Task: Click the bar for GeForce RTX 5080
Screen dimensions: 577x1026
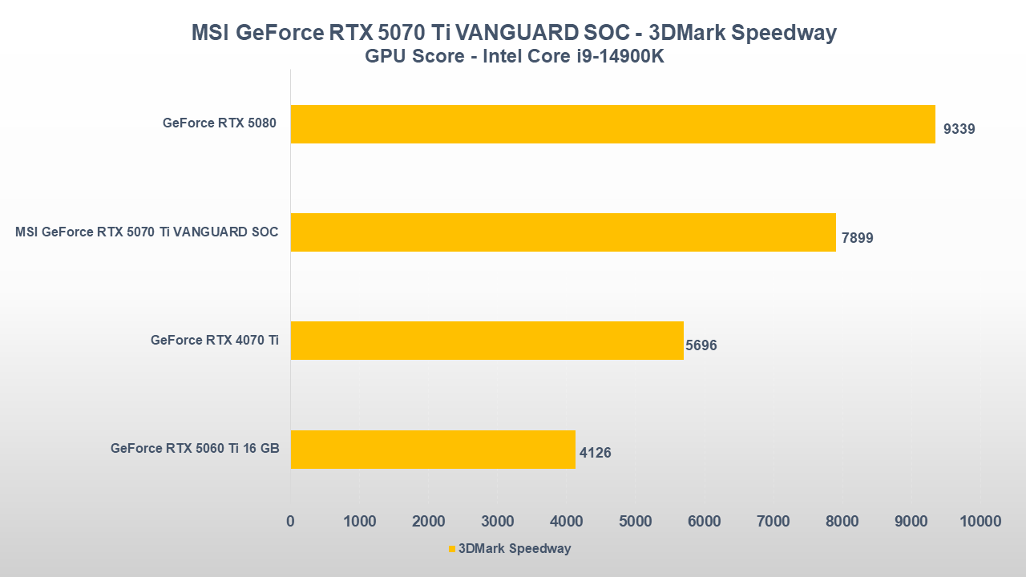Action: click(612, 124)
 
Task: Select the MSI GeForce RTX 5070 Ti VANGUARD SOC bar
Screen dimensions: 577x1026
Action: click(563, 232)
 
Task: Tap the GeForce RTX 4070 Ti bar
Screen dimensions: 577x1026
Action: click(487, 341)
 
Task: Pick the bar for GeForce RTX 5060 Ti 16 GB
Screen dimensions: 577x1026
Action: click(433, 449)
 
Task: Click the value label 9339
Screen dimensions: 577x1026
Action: click(959, 129)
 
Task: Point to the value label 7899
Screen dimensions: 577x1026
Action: click(857, 238)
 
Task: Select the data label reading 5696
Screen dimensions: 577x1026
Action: click(701, 346)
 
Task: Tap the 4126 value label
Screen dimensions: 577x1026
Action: click(596, 453)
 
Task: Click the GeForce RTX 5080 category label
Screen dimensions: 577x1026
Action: click(219, 123)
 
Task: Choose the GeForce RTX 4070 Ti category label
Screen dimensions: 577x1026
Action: click(215, 340)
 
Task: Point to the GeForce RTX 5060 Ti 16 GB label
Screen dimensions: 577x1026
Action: click(195, 448)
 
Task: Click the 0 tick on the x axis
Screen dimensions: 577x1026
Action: click(290, 521)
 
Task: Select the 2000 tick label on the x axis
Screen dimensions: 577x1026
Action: click(428, 521)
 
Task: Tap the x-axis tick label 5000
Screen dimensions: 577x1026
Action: click(636, 521)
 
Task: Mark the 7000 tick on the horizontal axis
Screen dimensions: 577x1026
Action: click(774, 521)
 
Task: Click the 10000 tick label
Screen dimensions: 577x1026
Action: click(980, 521)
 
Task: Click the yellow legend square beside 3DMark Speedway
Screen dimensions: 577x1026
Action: click(451, 549)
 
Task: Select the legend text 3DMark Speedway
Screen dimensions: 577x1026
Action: click(514, 549)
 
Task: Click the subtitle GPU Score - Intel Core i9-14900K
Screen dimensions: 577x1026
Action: click(514, 57)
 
